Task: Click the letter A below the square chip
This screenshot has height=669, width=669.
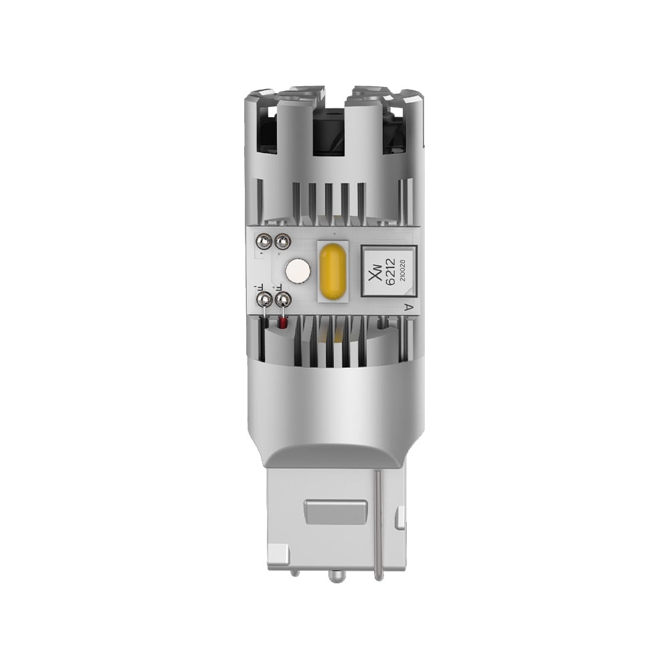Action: point(408,307)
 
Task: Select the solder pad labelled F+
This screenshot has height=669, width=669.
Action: point(283,298)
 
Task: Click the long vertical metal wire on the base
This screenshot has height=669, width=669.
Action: point(379,515)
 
